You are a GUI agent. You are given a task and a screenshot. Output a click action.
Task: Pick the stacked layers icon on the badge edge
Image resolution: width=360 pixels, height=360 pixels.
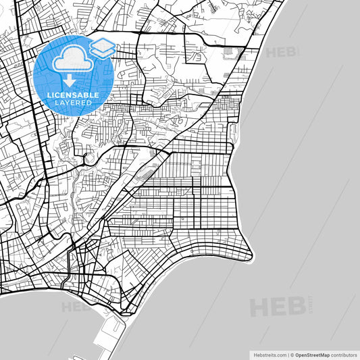tap(103, 47)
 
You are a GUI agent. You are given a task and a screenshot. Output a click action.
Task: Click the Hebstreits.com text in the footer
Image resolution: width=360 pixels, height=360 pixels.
tap(268, 354)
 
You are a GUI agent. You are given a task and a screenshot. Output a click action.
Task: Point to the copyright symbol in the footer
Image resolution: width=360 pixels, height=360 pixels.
tap(291, 354)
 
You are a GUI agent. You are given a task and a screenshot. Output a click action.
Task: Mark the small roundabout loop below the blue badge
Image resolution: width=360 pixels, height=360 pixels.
tap(88, 159)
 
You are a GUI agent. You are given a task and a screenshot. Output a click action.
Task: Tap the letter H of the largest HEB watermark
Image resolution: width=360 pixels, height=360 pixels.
tap(259, 307)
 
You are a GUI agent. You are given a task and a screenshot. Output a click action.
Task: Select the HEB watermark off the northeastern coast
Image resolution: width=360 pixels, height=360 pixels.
tap(281, 52)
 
